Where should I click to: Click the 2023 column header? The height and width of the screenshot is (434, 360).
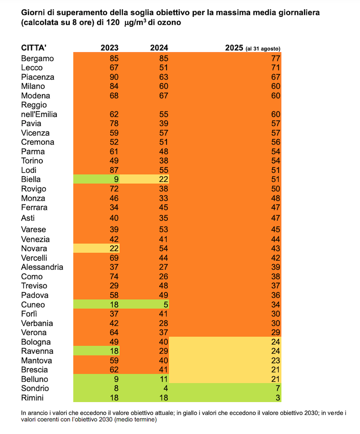109,48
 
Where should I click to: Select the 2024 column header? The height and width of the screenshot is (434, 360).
159,48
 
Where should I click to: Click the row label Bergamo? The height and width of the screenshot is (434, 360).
37,59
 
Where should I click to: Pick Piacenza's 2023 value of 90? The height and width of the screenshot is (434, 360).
114,77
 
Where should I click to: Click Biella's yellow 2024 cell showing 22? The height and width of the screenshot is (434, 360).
164,180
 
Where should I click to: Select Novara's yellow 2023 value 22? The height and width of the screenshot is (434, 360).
114,249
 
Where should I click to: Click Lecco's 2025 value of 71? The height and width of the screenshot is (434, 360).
276,68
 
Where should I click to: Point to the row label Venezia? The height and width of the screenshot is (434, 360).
35,240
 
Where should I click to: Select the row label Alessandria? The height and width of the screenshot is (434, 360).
42,267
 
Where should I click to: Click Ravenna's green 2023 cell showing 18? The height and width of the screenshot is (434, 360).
114,351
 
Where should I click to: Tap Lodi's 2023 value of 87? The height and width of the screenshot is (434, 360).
114,170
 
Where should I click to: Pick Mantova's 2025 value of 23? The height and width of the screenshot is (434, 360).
276,361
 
